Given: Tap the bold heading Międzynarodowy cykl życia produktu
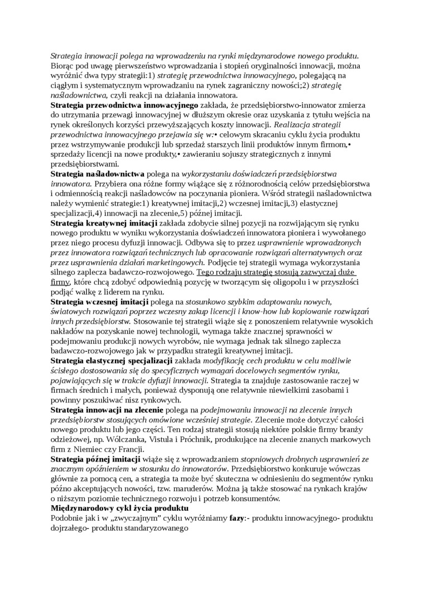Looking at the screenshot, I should (119, 508).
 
